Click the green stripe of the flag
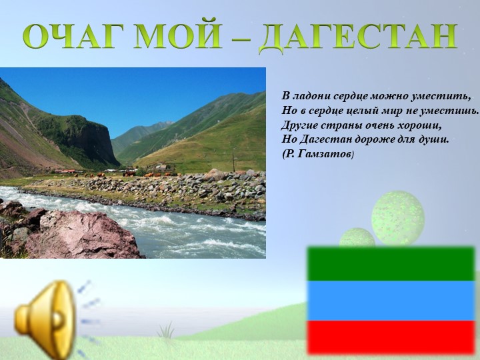(391, 263)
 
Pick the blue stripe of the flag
(391, 300)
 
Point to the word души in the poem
(434, 140)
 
